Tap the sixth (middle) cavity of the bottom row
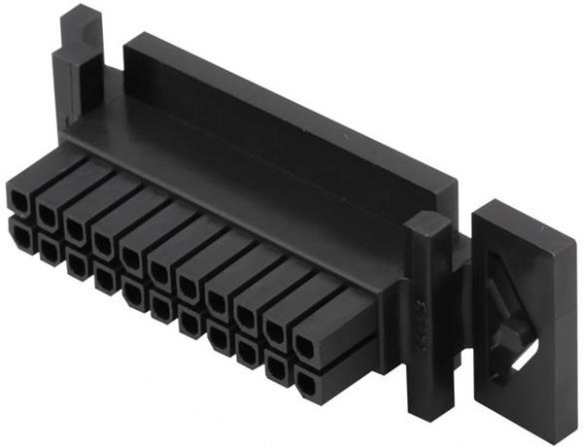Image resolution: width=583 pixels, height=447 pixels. [x=161, y=308]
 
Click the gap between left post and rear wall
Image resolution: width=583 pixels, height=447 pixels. [x=110, y=58]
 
